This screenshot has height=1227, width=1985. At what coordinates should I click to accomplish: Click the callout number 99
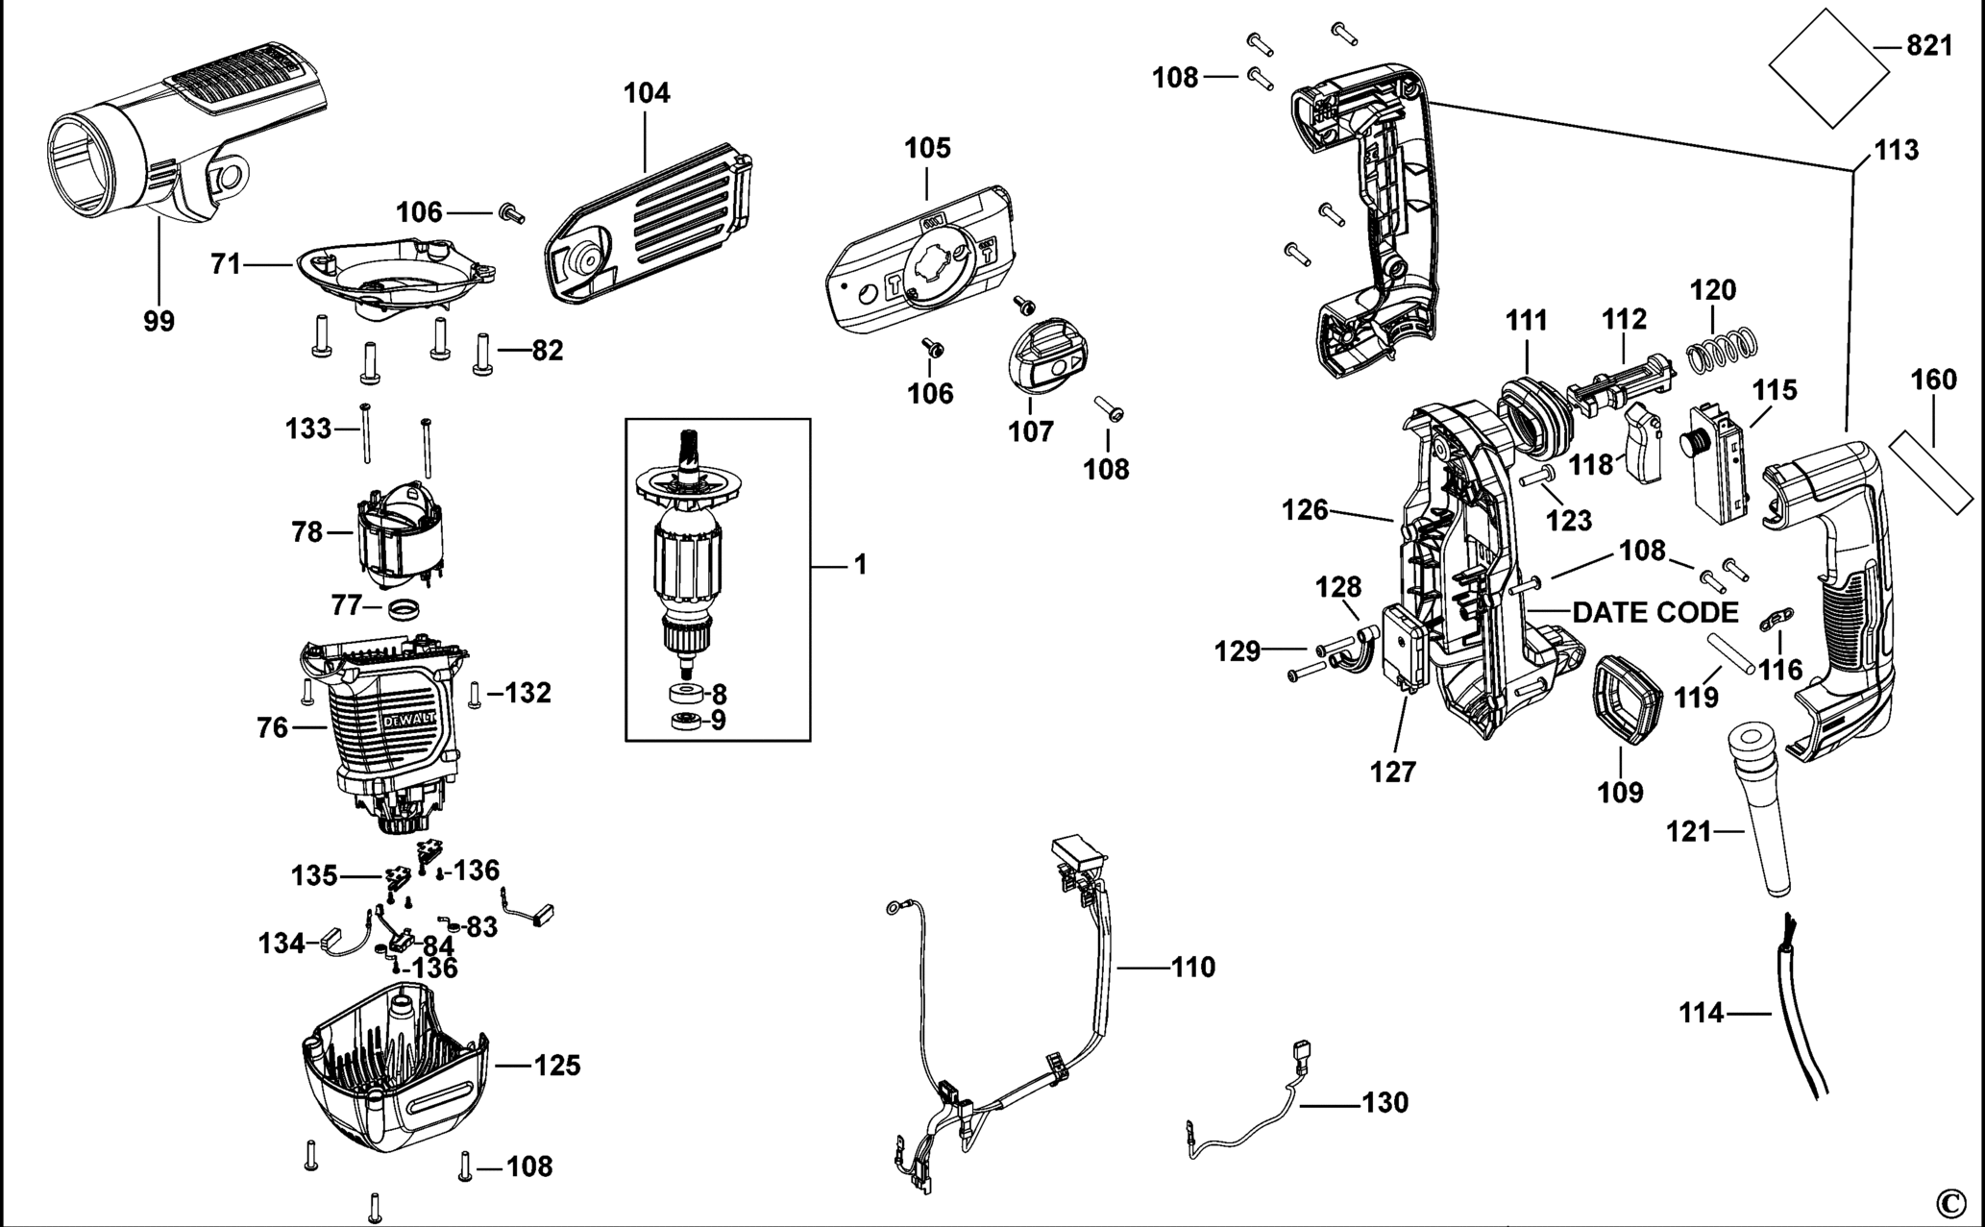click(x=159, y=321)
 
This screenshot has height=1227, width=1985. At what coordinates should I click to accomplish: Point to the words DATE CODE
click(x=1655, y=612)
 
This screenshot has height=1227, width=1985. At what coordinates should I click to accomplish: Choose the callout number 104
click(x=647, y=93)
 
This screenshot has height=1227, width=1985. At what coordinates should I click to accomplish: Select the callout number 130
click(x=1385, y=1102)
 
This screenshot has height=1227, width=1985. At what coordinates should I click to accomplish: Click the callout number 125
click(x=557, y=1066)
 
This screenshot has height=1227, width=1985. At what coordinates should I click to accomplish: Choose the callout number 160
click(x=1933, y=380)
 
